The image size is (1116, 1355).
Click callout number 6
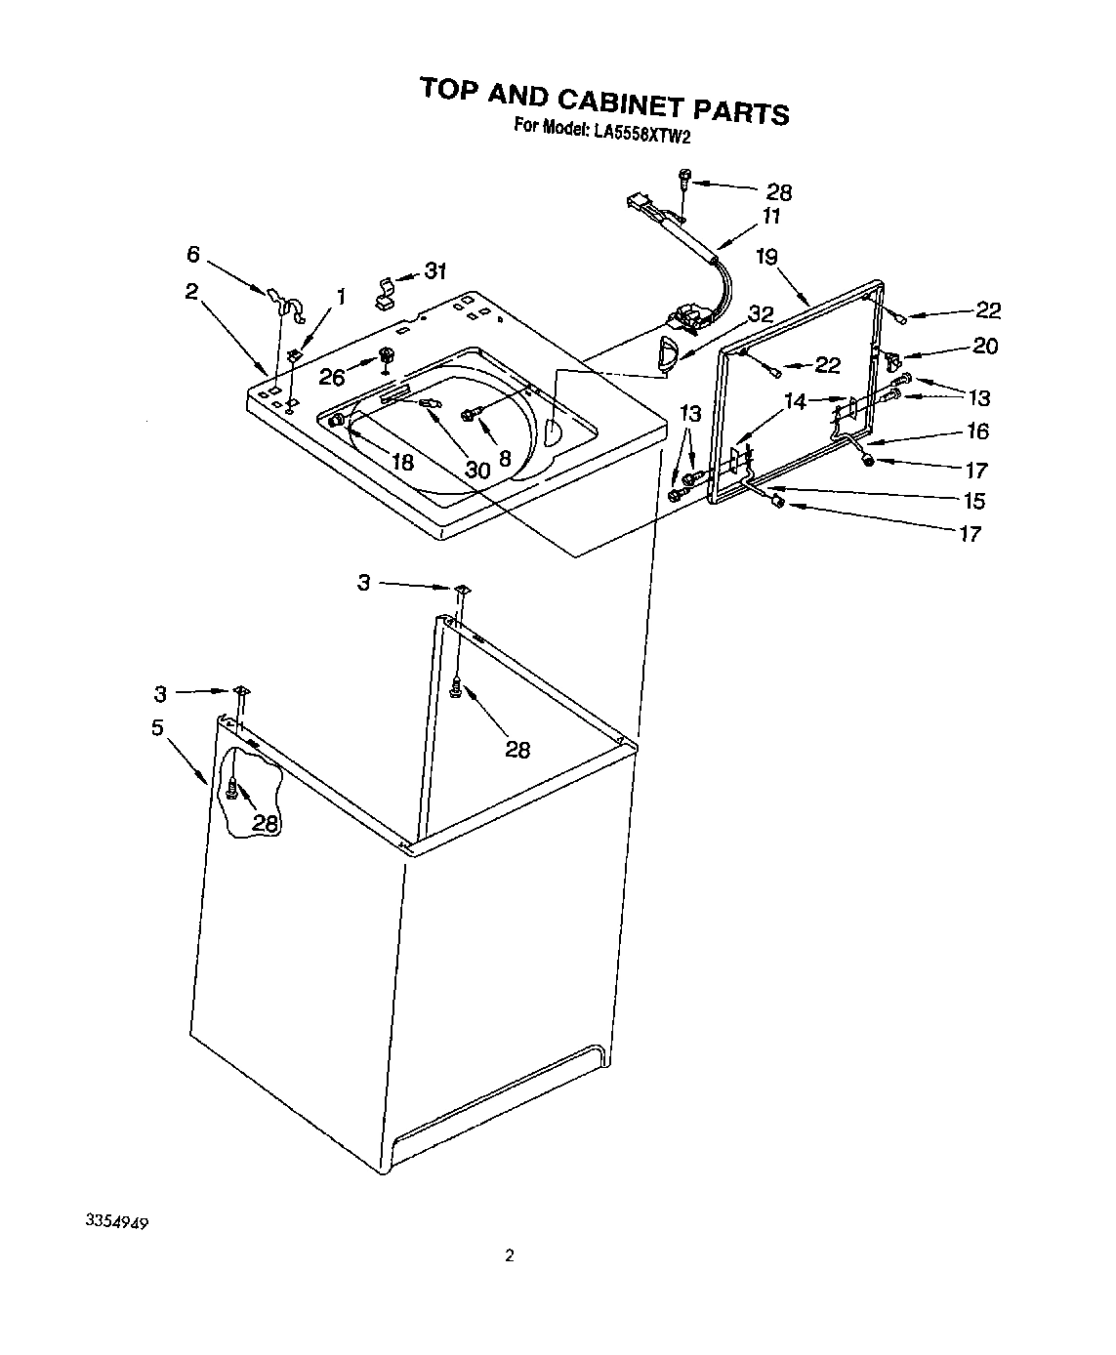coord(193,255)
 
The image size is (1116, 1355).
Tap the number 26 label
coord(333,378)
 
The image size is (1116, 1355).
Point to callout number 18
coord(402,462)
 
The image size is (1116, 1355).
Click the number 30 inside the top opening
coord(476,471)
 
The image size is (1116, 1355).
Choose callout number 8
coord(505,457)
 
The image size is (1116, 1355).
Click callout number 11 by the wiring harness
coord(771,217)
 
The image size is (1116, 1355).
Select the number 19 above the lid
coord(767,257)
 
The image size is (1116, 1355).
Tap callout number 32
coord(761,314)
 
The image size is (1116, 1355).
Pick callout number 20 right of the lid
coord(985,346)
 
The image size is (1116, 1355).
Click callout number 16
coord(976,431)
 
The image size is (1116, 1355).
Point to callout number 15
coord(973,502)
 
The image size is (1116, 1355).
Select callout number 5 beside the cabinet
coord(156,727)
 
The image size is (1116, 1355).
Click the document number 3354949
coord(115,1222)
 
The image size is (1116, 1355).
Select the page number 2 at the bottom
coord(509,1255)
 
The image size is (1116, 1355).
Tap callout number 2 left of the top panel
coord(191,291)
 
